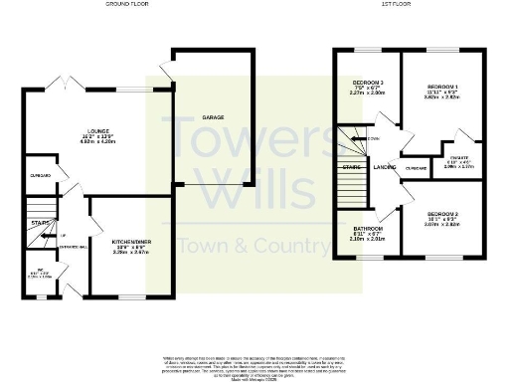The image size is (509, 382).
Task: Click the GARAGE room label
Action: pos(213,117)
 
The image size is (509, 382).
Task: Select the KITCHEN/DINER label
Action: pos(131,243)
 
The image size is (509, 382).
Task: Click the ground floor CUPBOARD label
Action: pos(41,176)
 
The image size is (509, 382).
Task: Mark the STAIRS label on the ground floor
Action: pos(40,224)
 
